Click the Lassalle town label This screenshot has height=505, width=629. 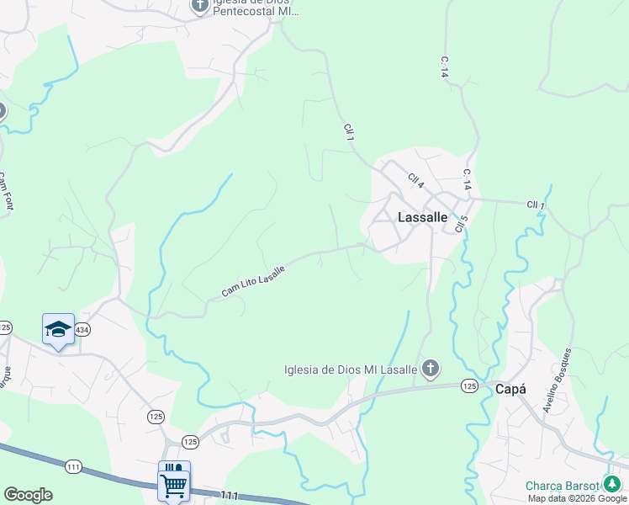[x=422, y=216]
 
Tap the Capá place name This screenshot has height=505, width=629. [x=510, y=389]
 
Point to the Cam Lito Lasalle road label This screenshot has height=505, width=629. [x=253, y=281]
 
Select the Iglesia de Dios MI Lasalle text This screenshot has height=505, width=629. [x=351, y=369]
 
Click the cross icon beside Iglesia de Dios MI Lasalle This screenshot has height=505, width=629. [x=430, y=368]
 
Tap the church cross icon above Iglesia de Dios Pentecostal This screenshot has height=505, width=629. [x=199, y=7]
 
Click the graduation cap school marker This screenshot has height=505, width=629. [x=58, y=329]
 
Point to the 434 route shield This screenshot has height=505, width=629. [x=82, y=331]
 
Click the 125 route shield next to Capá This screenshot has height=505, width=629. [x=469, y=385]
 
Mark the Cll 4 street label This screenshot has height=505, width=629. [x=416, y=181]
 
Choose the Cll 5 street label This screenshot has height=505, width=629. [x=460, y=223]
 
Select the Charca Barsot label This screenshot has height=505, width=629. [x=562, y=486]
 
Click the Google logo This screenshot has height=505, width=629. [x=28, y=495]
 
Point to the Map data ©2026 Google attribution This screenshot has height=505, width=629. [x=577, y=498]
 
